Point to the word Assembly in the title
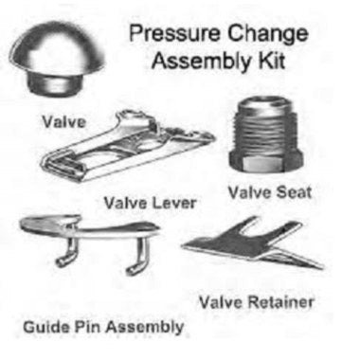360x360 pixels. (x=202, y=62)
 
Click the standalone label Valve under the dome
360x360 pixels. (x=64, y=122)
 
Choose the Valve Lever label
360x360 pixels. (x=151, y=203)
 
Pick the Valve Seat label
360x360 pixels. (x=270, y=192)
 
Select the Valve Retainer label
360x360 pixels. (x=256, y=302)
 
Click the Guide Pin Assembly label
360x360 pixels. (x=103, y=327)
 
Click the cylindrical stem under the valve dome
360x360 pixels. (x=54, y=83)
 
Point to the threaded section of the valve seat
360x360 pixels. (x=264, y=126)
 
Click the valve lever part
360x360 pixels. (x=126, y=148)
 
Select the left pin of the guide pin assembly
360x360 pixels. (x=67, y=253)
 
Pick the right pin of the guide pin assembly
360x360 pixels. (x=138, y=256)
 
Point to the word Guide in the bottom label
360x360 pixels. (x=47, y=327)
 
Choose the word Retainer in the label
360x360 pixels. (x=280, y=302)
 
